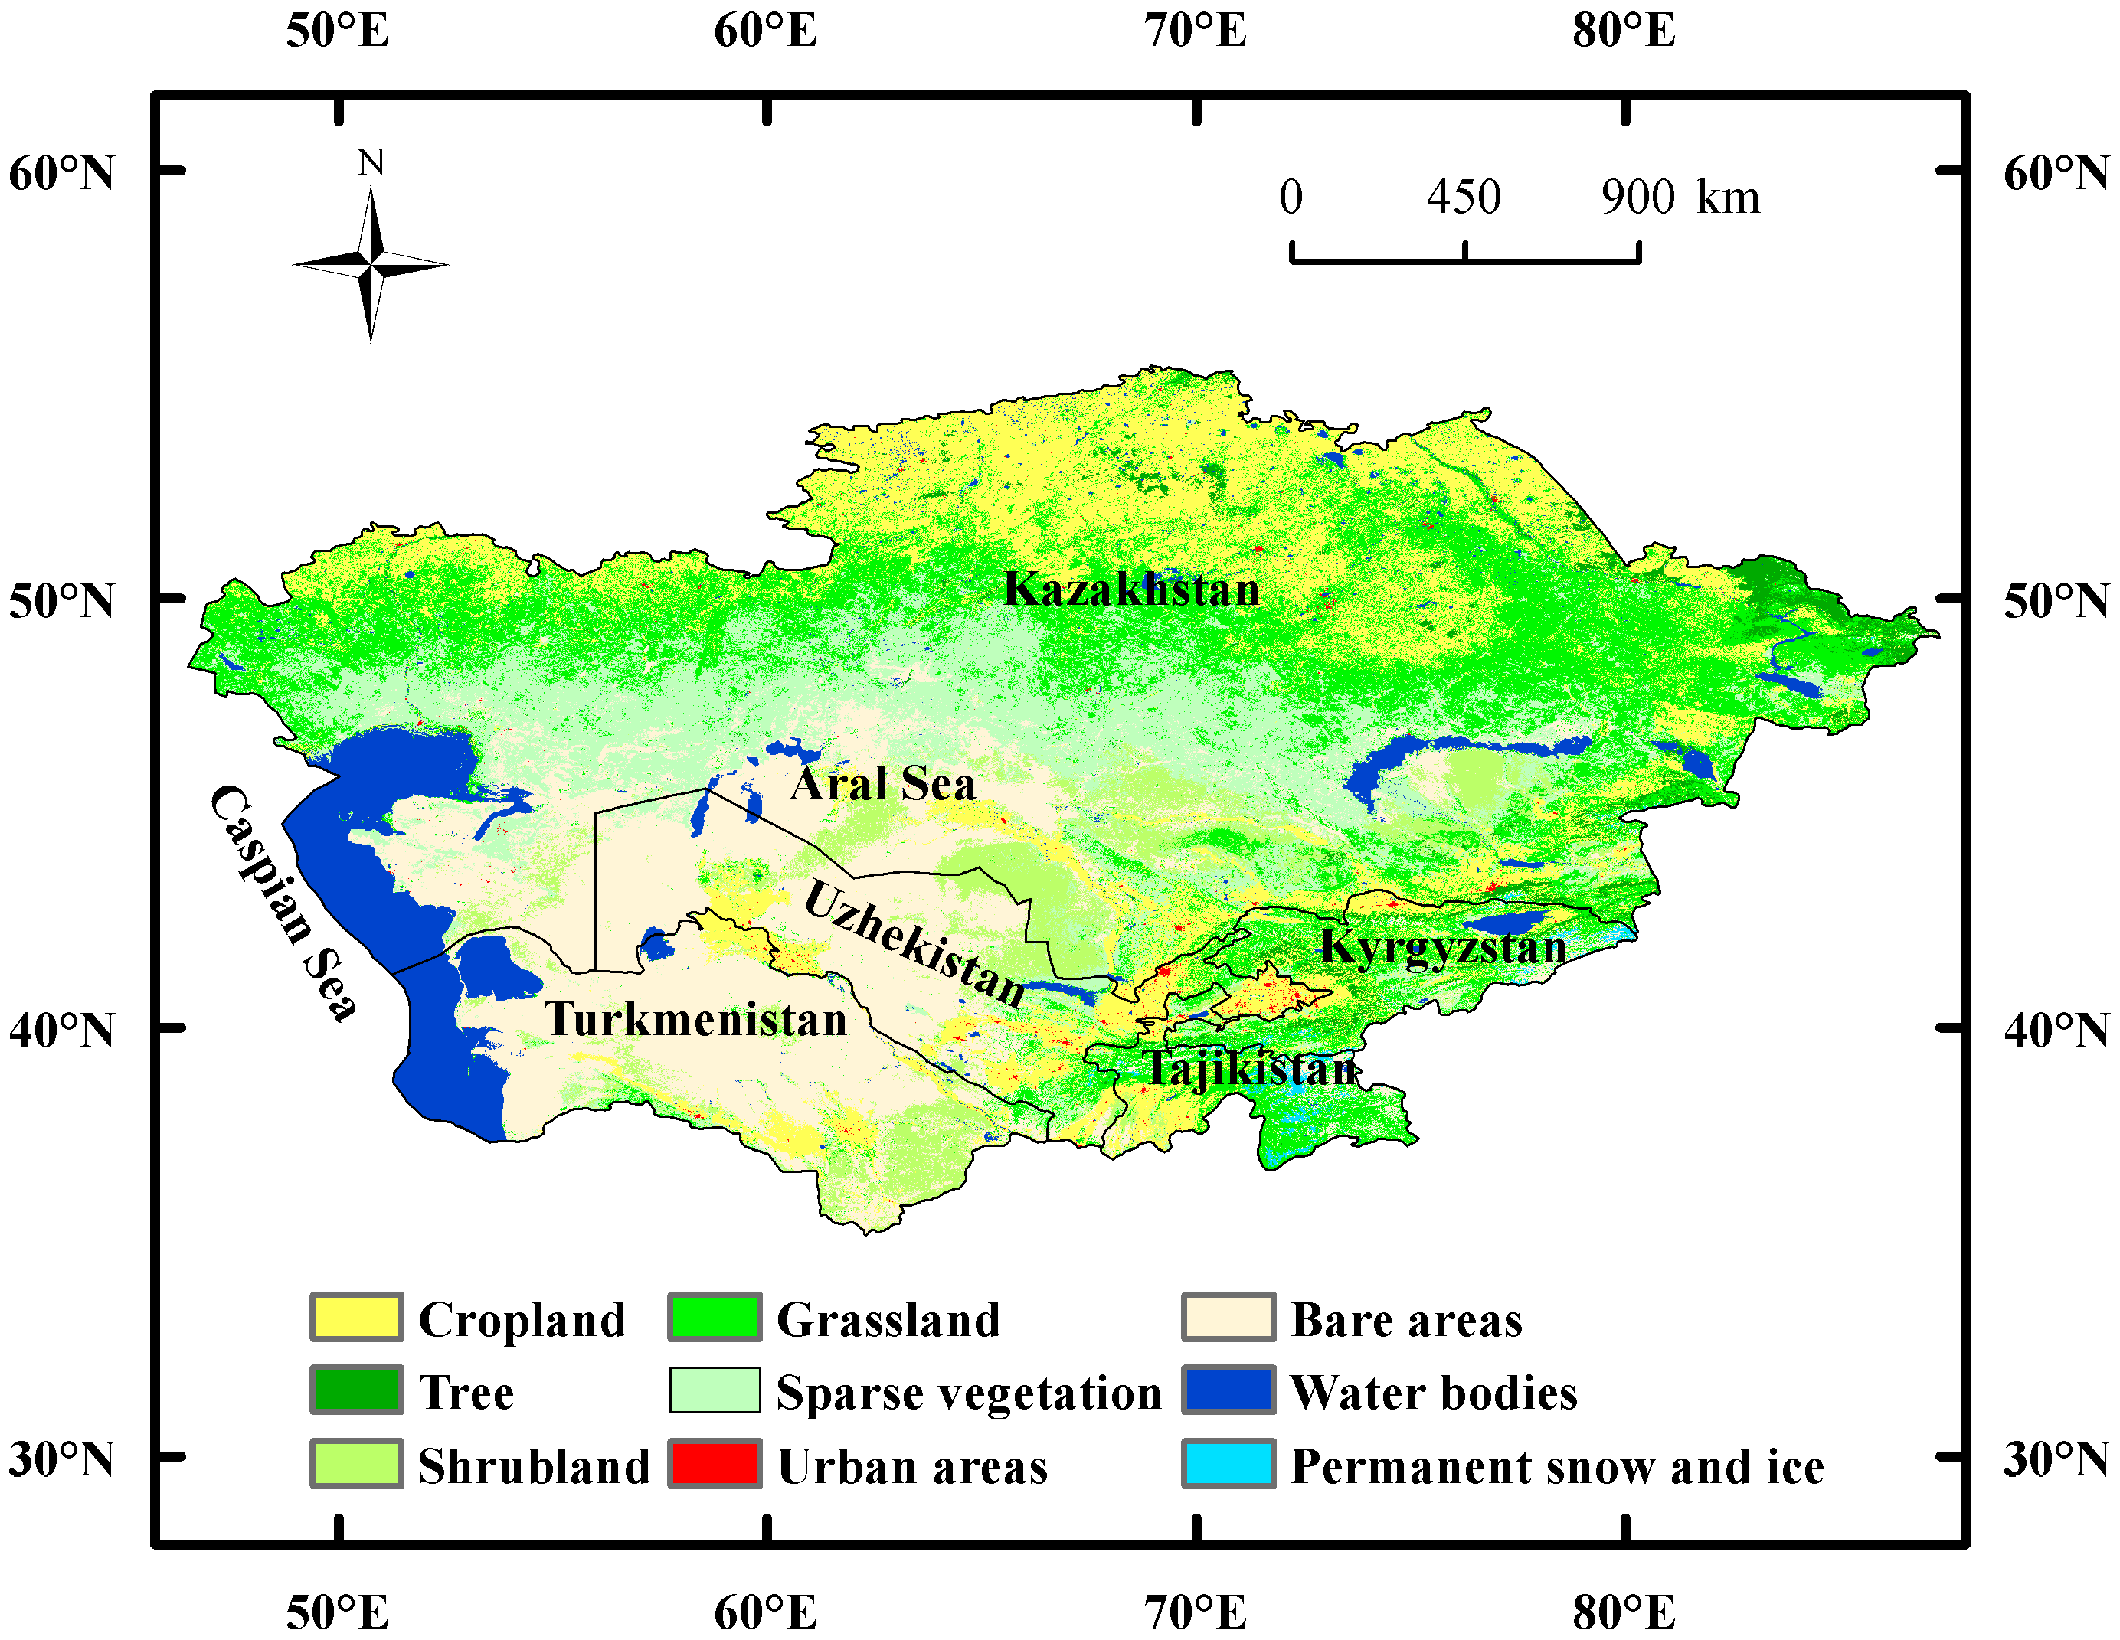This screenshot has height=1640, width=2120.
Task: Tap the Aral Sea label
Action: click(882, 784)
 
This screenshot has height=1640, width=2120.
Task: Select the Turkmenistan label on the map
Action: click(695, 1020)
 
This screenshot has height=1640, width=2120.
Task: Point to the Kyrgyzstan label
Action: click(1442, 947)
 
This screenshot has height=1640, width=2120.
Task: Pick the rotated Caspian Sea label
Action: click(283, 903)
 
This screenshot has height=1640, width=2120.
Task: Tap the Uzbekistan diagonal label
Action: click(914, 944)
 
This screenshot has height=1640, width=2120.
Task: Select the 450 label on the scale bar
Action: click(1463, 197)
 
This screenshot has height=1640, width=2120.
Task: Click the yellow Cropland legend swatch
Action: click(356, 1317)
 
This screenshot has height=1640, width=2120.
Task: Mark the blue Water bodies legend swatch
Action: click(1228, 1390)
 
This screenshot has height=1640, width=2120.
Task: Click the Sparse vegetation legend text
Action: click(968, 1393)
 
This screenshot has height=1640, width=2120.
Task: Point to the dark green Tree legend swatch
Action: click(356, 1390)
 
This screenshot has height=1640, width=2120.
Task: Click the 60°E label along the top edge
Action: click(765, 31)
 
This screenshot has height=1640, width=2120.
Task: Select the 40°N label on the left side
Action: click(61, 1030)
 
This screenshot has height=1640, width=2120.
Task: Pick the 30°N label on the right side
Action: click(2056, 1459)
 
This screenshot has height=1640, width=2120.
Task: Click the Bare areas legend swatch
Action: click(1228, 1317)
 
